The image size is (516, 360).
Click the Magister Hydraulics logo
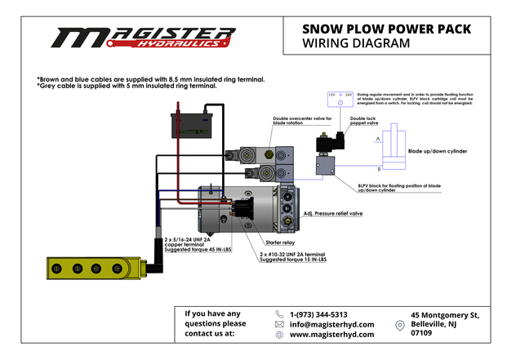pyautogui.click(x=143, y=38)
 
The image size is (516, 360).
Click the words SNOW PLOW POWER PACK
pyautogui.click(x=386, y=29)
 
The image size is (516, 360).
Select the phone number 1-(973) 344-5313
pyautogui.click(x=318, y=314)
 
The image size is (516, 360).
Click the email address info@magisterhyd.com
pyautogui.click(x=331, y=324)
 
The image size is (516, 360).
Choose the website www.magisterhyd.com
pyautogui.click(x=331, y=335)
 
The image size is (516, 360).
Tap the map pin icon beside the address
pyautogui.click(x=399, y=325)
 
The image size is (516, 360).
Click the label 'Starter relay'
pyautogui.click(x=282, y=242)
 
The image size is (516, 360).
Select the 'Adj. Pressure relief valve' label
pyautogui.click(x=333, y=213)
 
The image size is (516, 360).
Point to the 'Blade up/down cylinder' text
pyautogui.click(x=438, y=151)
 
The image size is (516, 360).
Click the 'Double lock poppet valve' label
pyautogui.click(x=363, y=121)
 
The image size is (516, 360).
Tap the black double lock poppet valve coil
pyautogui.click(x=331, y=146)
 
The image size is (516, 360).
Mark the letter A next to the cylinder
pyautogui.click(x=377, y=140)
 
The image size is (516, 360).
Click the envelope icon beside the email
pyautogui.click(x=280, y=324)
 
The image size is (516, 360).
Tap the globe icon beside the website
pyautogui.click(x=280, y=335)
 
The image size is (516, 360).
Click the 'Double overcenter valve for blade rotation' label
pyautogui.click(x=302, y=121)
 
